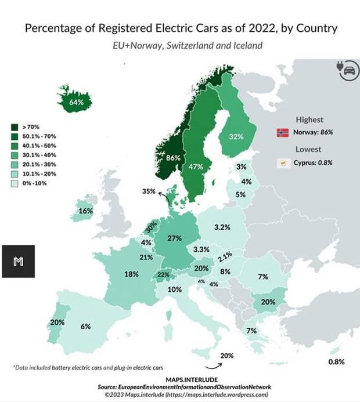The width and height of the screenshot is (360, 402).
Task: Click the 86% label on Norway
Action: pos(174,158)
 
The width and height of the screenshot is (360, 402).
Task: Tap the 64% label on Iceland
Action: pos(77,102)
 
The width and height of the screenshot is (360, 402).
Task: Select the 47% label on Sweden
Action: pos(196,166)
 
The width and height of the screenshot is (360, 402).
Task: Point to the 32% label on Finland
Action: pos(236,137)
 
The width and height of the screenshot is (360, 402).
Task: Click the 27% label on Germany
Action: pos(175,238)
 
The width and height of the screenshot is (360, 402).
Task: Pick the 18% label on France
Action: pos(131,274)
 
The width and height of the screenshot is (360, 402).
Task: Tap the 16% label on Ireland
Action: pos(86,211)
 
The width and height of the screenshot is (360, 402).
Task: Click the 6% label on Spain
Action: pos(86,327)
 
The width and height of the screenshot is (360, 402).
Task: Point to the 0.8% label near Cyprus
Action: pos(337,361)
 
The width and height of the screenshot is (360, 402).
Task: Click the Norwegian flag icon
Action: pos(283,133)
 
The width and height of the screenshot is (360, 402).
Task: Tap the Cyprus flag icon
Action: pos(283,163)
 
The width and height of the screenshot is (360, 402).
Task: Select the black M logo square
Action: pos(18,261)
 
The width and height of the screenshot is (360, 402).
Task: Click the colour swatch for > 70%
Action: pos(13,126)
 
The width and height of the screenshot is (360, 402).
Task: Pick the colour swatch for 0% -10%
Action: pos(13,183)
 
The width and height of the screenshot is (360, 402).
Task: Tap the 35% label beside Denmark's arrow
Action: pos(149,191)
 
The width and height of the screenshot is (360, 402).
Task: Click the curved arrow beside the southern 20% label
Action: pos(215,365)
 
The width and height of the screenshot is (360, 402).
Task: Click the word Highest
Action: pos(309,119)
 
